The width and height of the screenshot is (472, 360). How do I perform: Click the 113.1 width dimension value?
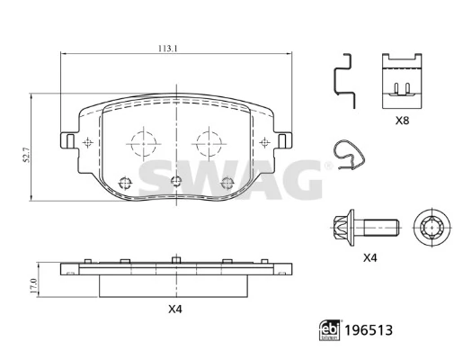[x=168, y=49]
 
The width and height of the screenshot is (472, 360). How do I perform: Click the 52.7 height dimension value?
[x=26, y=155]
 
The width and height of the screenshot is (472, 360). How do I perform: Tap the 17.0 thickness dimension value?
[x=33, y=286]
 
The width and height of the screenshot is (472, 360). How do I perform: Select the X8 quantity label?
[x=402, y=121]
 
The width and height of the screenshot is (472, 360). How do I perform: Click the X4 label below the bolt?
[x=370, y=258]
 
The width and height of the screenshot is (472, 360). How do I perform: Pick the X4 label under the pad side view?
[x=175, y=309]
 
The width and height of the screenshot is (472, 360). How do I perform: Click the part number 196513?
[x=369, y=330]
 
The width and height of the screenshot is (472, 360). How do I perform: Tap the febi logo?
[x=330, y=330]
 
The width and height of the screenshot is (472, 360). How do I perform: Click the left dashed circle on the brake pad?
[x=144, y=144]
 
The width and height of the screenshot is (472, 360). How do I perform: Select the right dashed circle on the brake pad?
[x=209, y=144]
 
